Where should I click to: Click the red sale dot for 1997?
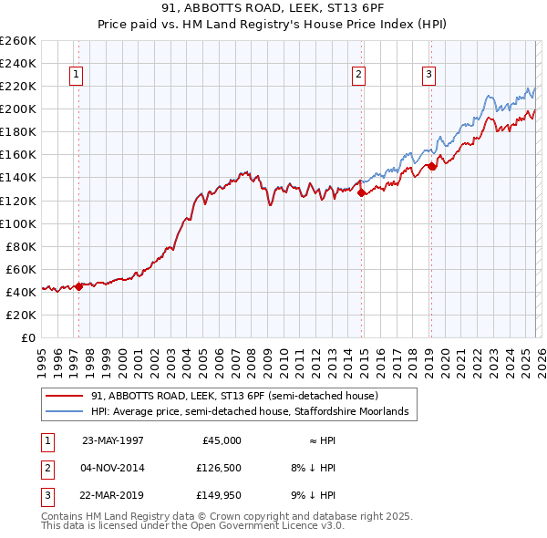pyautogui.click(x=79, y=285)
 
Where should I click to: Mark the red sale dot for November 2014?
pyautogui.click(x=362, y=192)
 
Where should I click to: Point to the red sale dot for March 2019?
pyautogui.click(x=432, y=166)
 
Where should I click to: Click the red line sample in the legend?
pyautogui.click(x=64, y=396)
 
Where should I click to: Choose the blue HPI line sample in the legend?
pyautogui.click(x=64, y=412)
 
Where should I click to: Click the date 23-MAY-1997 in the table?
pyautogui.click(x=113, y=440)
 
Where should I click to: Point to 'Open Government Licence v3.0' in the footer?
pyautogui.click(x=284, y=526)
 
